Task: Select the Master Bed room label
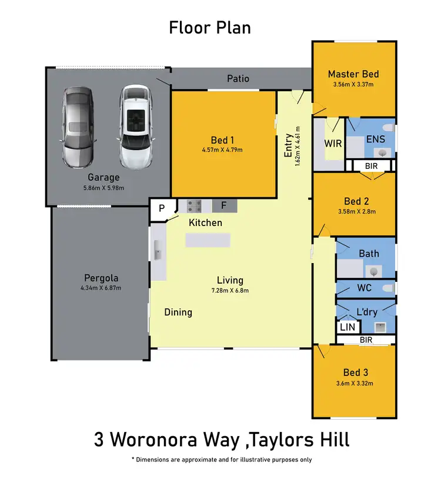pyautogui.click(x=353, y=74)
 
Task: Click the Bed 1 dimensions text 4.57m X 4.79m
pyautogui.click(x=222, y=150)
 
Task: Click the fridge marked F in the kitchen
pyautogui.click(x=223, y=206)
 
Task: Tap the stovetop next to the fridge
pyautogui.click(x=195, y=206)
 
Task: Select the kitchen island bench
pyautogui.click(x=208, y=240)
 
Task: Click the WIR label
pyautogui.click(x=333, y=144)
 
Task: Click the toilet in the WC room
pyautogui.click(x=387, y=288)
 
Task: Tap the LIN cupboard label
pyautogui.click(x=347, y=327)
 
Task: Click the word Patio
pyautogui.click(x=238, y=78)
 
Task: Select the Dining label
pyautogui.click(x=178, y=312)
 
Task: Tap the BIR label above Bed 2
pyautogui.click(x=371, y=167)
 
